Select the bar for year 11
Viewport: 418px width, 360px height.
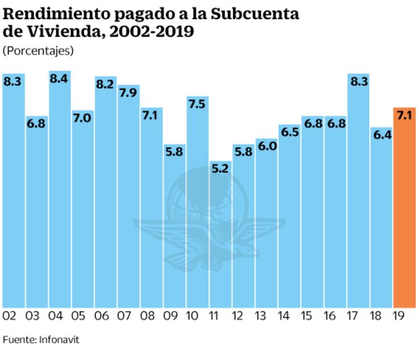220,238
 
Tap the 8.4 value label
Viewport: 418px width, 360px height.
59,79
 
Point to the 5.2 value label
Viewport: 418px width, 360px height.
220,170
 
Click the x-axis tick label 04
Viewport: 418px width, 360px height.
56,316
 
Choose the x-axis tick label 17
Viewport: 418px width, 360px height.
353,316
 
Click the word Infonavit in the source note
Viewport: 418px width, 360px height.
59,340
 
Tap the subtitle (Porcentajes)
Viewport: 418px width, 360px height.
38,51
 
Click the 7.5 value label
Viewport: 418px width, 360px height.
197,105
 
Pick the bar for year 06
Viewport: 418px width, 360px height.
105,197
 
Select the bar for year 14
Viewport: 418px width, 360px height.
289,221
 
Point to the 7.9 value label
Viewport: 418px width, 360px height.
128,93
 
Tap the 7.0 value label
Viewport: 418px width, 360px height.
82,118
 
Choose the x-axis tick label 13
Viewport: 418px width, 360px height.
261,316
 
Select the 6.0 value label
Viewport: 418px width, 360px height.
266,146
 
